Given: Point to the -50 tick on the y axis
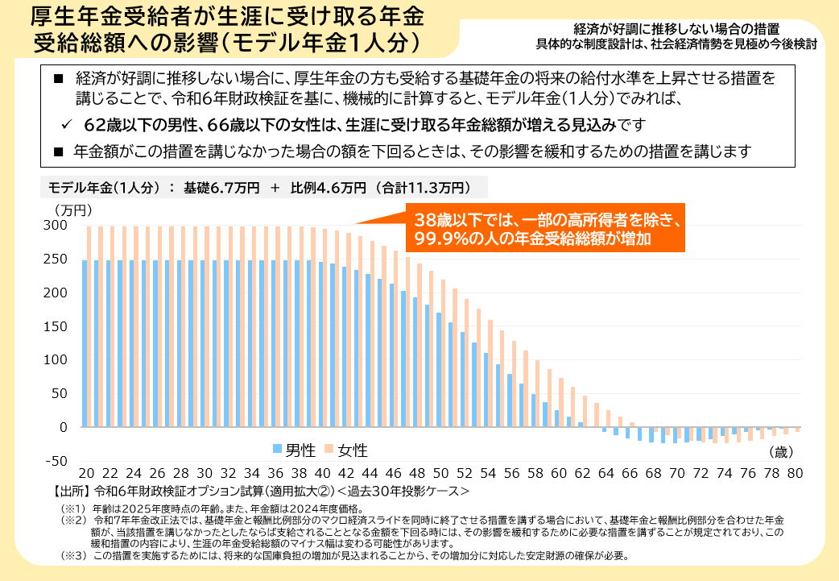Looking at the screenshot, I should tap(55, 461).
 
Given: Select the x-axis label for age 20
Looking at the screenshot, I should tap(86, 473).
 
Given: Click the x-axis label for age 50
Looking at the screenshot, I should tap(440, 473).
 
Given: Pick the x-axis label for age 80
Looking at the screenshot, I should tap(796, 473).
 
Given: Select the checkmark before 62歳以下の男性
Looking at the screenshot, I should tap(68, 126).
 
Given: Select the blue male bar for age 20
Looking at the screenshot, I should tap(85, 343).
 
